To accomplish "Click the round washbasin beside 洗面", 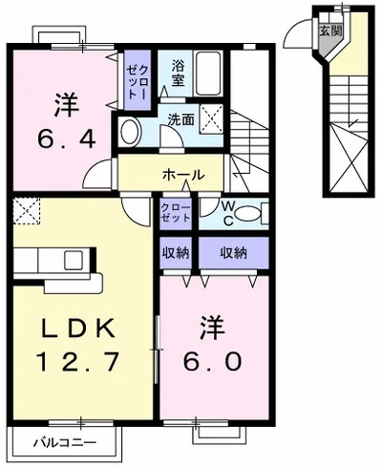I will click(x=131, y=131).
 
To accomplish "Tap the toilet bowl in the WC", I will click(x=246, y=213).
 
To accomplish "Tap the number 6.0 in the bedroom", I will click(x=208, y=363).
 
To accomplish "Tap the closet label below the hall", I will click(x=174, y=212).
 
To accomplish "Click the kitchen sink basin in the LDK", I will click(x=74, y=259).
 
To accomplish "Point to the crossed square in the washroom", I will click(x=213, y=120).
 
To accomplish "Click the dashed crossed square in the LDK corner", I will click(x=27, y=208).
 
